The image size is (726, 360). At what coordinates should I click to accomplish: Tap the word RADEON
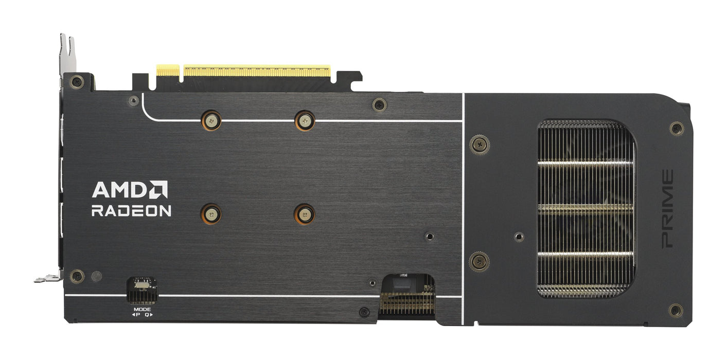(x=131, y=211)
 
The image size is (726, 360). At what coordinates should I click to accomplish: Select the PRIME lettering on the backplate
(x=667, y=209)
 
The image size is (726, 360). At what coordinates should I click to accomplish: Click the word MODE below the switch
(x=142, y=309)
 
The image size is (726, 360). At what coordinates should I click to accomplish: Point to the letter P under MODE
(x=138, y=314)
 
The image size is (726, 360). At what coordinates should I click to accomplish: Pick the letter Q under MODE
(x=147, y=314)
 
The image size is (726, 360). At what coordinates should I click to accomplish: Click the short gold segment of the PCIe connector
(x=168, y=70)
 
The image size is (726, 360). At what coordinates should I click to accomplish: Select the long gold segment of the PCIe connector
(x=257, y=70)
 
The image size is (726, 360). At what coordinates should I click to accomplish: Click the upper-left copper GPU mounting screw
(x=211, y=121)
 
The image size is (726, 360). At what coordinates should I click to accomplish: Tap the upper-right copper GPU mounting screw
(x=304, y=121)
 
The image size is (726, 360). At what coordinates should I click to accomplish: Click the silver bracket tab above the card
(x=67, y=51)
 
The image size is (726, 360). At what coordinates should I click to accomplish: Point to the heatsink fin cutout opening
(x=586, y=209)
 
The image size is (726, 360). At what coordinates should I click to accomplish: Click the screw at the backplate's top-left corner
(x=77, y=81)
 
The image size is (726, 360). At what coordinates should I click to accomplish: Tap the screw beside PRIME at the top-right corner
(x=676, y=128)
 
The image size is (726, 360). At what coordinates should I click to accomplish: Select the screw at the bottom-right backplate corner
(x=676, y=310)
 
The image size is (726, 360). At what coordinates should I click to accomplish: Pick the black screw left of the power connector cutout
(x=364, y=312)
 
